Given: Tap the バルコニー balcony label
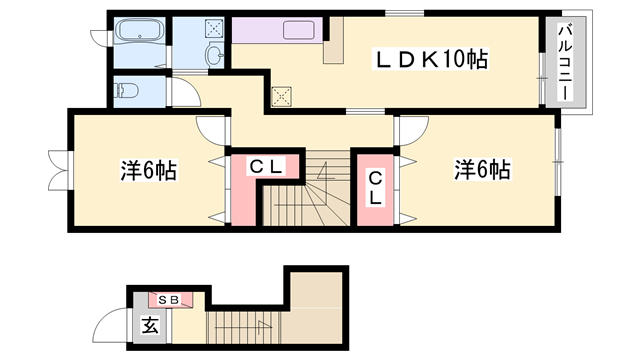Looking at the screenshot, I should pyautogui.click(x=564, y=62).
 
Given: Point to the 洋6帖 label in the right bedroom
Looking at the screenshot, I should pyautogui.click(x=483, y=169).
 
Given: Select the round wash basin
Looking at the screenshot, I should pyautogui.click(x=214, y=56).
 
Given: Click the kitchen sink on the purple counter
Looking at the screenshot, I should pyautogui.click(x=299, y=31).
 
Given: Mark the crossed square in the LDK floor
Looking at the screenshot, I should pyautogui.click(x=282, y=97).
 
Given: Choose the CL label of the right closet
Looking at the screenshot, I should pyautogui.click(x=375, y=188).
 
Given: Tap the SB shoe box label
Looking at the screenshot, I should pyautogui.click(x=167, y=299).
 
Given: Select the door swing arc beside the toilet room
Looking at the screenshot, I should pyautogui.click(x=186, y=95).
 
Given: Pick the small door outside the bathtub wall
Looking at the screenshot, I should pyautogui.click(x=99, y=38).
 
